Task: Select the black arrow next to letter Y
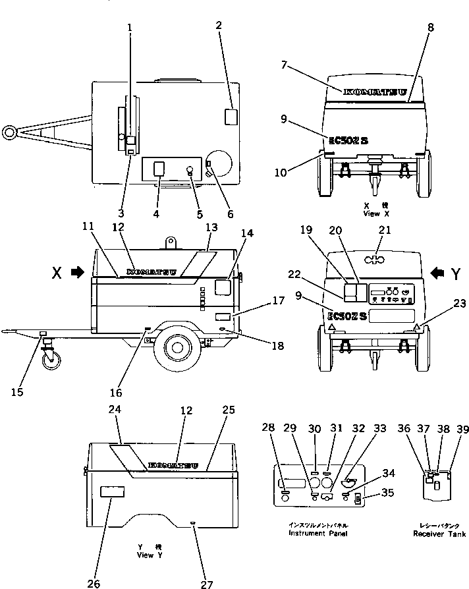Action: click(438, 271)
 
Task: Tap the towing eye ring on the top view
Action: click(9, 132)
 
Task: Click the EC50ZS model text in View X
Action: click(349, 139)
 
